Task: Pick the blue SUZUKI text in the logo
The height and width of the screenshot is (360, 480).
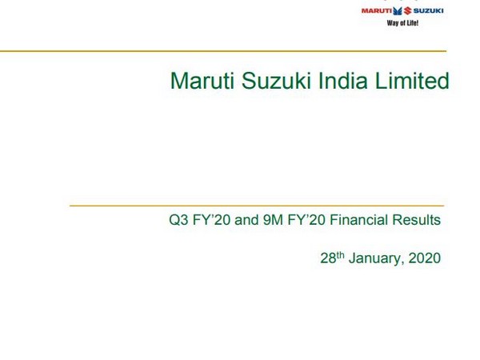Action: click(428, 10)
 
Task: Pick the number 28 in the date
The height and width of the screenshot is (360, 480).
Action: click(327, 259)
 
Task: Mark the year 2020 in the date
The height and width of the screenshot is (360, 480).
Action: click(424, 259)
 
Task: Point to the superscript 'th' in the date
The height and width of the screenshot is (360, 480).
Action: click(339, 255)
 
